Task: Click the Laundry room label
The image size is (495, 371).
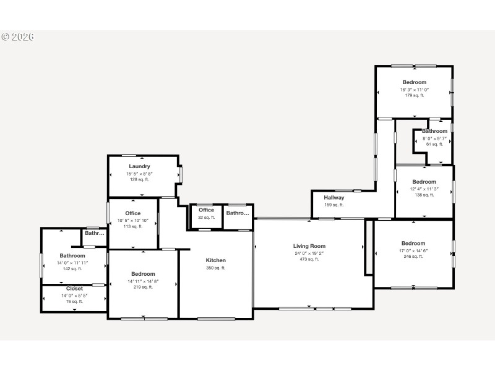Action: [139, 166]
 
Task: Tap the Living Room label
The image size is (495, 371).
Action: [309, 246]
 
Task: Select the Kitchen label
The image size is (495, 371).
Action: [216, 260]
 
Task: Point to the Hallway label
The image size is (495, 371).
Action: [334, 198]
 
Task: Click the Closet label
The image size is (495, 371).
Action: [74, 289]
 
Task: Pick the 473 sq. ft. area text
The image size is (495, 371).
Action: [309, 259]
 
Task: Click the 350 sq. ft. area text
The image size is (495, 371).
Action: [216, 268]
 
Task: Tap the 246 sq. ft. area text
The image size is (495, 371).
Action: [413, 256]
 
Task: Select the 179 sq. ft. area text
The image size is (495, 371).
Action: [414, 95]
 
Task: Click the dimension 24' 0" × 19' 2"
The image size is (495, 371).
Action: [309, 253]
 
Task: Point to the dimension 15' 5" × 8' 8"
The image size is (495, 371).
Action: [139, 174]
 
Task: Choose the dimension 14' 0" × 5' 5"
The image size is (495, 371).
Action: [74, 296]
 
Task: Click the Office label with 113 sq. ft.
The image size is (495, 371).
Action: [133, 213]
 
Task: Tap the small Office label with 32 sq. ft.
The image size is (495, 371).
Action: [207, 210]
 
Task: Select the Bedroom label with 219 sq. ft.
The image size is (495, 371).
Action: [143, 274]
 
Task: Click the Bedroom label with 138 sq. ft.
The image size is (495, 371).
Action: [424, 182]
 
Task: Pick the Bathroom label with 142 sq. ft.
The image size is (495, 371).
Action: [72, 255]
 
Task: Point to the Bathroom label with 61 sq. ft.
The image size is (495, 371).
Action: [434, 131]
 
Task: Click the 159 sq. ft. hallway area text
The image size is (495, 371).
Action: [334, 205]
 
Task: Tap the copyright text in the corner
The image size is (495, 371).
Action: [17, 37]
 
